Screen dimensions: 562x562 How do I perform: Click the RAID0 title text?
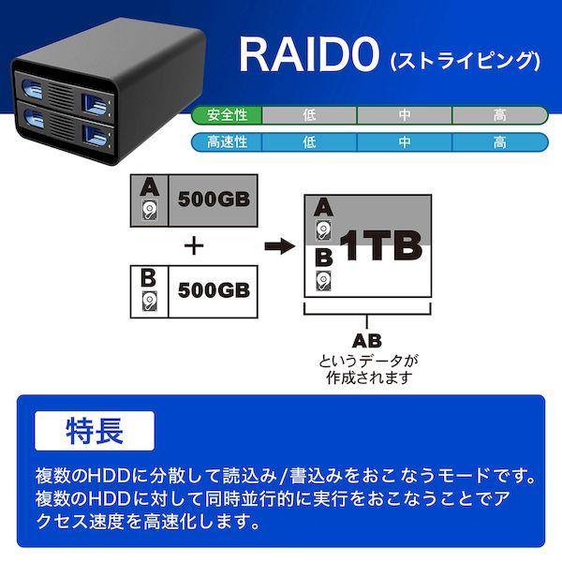[304, 56]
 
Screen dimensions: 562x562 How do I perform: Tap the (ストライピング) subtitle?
[463, 63]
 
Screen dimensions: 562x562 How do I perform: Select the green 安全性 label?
[228, 115]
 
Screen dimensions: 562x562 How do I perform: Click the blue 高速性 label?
[228, 142]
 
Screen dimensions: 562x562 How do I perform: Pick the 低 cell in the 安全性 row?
[309, 115]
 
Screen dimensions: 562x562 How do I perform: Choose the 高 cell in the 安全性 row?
[499, 115]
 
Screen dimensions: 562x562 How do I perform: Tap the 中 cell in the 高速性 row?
[404, 142]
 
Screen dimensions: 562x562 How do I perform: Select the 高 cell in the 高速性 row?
[499, 142]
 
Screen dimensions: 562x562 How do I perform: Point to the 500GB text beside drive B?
[212, 289]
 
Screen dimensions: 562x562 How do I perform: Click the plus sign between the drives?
[194, 246]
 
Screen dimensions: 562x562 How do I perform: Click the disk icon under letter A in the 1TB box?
[322, 232]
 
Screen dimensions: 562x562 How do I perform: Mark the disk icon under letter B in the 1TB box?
[322, 280]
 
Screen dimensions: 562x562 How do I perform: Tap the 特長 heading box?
[93, 434]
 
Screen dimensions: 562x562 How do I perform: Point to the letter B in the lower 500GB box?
[147, 277]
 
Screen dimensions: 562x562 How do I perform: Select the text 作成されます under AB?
[366, 378]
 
